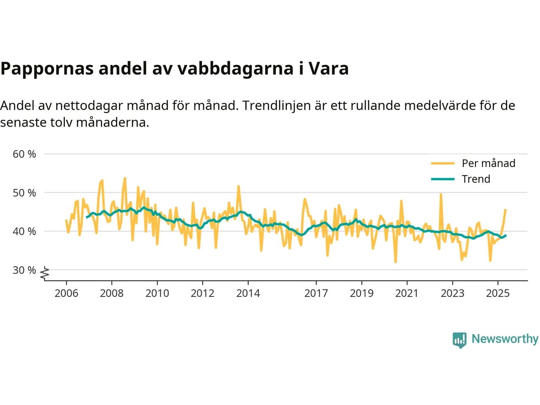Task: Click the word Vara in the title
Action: [x=328, y=68]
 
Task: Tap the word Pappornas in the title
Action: [x=47, y=68]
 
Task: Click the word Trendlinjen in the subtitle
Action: [x=277, y=105]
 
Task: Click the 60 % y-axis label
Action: [x=24, y=154]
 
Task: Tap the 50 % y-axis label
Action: [x=24, y=193]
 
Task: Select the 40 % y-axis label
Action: [x=24, y=231]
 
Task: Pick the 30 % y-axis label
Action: [x=24, y=270]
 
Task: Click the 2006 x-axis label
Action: [x=66, y=293]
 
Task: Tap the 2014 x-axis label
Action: [x=248, y=293]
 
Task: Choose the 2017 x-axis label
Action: [x=316, y=293]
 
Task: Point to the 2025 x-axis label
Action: [x=498, y=293]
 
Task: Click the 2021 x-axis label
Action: [x=407, y=293]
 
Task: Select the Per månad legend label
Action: [x=489, y=163]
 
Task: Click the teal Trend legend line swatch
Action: [x=443, y=179]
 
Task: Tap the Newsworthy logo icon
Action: [x=459, y=340]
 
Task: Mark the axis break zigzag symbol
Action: [x=45, y=273]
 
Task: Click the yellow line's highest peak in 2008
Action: [x=125, y=178]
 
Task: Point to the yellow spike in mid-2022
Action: [x=441, y=194]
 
